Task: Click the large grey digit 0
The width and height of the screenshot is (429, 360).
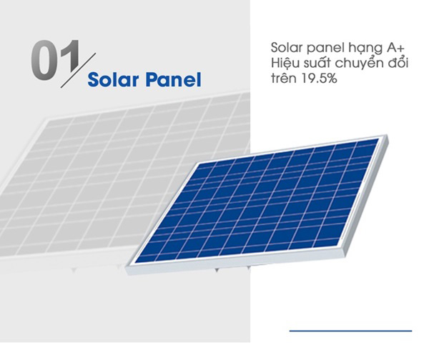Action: click(43, 60)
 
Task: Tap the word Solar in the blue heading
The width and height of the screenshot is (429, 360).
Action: click(113, 79)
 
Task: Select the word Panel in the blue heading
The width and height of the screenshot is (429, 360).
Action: click(173, 79)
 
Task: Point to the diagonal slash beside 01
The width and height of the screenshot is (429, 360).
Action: click(78, 70)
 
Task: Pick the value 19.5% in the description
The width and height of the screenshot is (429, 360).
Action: click(320, 79)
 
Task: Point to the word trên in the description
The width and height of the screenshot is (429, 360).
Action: click(285, 79)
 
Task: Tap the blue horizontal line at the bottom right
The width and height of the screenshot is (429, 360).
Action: click(350, 331)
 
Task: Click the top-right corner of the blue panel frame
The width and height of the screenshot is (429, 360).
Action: click(388, 135)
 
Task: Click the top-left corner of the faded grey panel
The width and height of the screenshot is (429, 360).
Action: click(47, 119)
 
